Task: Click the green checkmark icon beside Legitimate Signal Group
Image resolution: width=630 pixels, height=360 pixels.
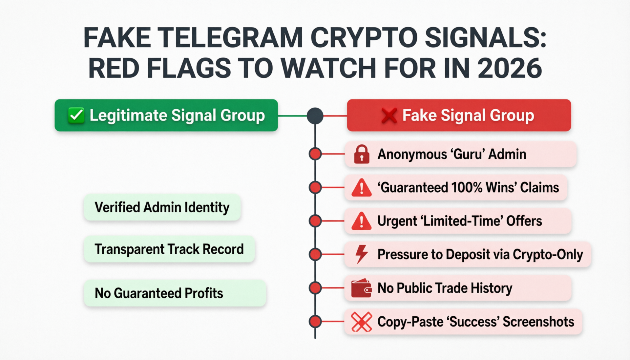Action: [x=76, y=116]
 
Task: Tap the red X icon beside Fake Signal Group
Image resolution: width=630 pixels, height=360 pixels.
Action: [x=389, y=116]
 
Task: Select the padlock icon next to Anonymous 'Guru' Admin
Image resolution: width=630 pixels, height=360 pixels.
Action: [x=362, y=154]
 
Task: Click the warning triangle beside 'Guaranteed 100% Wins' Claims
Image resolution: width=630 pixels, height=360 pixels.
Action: [x=361, y=188]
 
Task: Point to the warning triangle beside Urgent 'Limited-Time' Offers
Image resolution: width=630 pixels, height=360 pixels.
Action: [x=361, y=221]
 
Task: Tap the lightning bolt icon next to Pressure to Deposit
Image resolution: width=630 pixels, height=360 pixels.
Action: [x=362, y=254]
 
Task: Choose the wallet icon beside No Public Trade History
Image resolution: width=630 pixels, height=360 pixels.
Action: [x=361, y=288]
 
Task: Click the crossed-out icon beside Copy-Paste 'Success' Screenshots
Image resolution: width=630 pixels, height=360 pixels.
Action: [x=361, y=322]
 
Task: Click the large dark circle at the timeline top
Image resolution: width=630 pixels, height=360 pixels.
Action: [x=315, y=116]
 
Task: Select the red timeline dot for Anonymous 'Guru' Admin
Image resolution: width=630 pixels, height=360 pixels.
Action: [x=315, y=154]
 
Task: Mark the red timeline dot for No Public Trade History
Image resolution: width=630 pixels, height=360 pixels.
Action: [x=315, y=288]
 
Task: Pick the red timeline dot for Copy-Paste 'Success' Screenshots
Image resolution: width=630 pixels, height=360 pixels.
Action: [x=315, y=322]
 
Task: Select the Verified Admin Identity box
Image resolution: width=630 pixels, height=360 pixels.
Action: [x=162, y=207]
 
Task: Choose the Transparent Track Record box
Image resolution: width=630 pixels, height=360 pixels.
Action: [x=169, y=249]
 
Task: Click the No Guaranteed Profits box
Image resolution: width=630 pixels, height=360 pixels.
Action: [x=175, y=293]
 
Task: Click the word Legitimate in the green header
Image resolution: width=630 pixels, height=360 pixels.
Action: [x=128, y=116]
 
